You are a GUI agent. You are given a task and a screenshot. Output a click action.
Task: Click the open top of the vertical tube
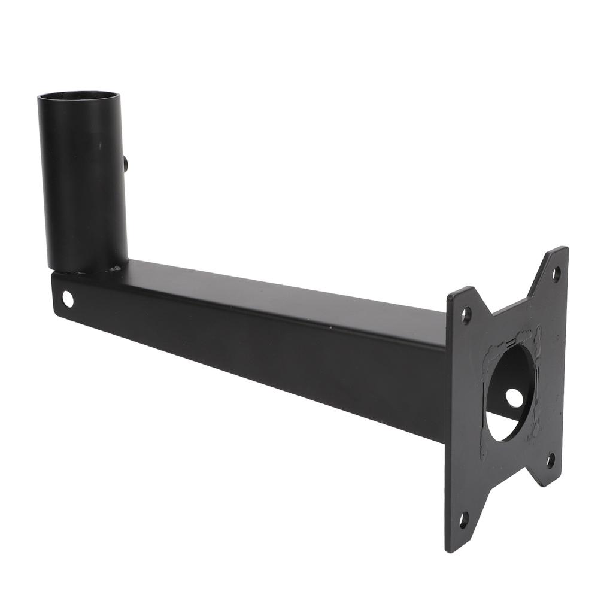[x=78, y=97]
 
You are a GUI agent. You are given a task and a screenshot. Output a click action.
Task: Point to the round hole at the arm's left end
[x=68, y=299]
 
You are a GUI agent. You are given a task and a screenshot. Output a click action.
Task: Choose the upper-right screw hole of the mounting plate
[x=556, y=274]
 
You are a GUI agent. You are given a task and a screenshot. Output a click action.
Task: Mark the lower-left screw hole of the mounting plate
[x=463, y=519]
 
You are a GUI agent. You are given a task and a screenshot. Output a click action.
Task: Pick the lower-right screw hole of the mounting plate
[x=551, y=460]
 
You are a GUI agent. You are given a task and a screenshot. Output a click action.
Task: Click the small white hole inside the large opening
[x=514, y=397]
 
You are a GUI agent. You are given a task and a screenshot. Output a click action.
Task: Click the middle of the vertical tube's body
[x=83, y=186]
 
